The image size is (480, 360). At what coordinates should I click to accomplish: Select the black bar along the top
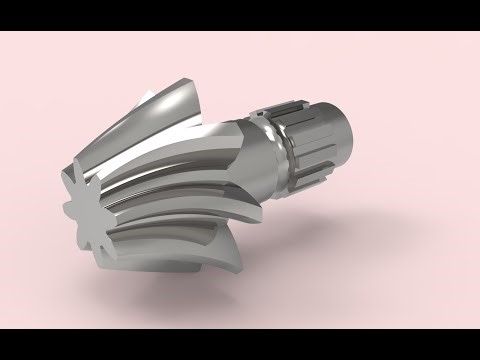point(240,14)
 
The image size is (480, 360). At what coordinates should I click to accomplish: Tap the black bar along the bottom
point(240,344)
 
